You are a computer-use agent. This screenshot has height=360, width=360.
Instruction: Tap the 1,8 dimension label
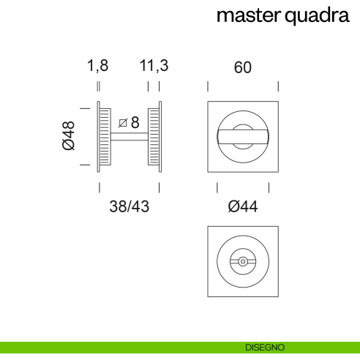pyautogui.click(x=97, y=66)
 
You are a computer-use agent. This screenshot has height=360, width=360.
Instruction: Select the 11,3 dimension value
pyautogui.click(x=154, y=66)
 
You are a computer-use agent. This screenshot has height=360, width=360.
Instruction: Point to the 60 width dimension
pyautogui.click(x=243, y=67)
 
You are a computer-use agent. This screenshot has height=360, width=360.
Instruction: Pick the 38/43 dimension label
pyautogui.click(x=129, y=207)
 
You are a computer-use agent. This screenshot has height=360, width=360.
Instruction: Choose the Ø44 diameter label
pyautogui.click(x=243, y=207)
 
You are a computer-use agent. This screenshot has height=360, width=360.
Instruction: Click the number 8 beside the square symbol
pyautogui.click(x=135, y=121)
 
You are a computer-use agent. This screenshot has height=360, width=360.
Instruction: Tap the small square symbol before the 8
pyautogui.click(x=122, y=121)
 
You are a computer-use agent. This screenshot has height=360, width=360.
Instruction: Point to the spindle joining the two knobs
pyautogui.click(x=130, y=137)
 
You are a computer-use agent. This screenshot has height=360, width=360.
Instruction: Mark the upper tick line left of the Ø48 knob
pyautogui.click(x=83, y=108)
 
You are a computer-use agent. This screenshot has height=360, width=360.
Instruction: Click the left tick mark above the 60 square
pyautogui.click(x=209, y=86)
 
